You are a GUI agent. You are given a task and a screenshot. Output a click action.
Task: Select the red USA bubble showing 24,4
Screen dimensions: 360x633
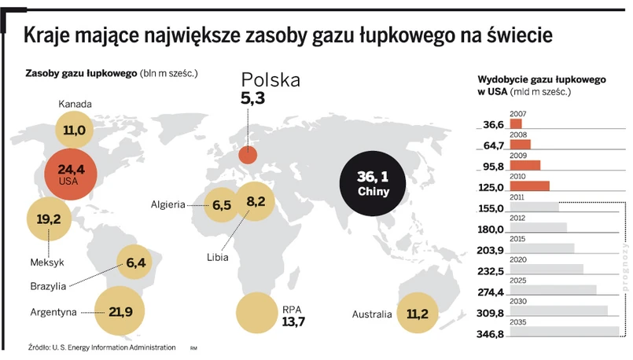[x=70, y=173]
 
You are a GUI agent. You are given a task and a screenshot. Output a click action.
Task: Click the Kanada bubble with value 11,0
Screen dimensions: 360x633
[x=75, y=130]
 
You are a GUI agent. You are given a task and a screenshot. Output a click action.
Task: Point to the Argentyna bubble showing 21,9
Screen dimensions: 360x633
[x=121, y=312]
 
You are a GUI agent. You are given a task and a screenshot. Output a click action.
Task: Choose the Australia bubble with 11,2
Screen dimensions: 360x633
[x=418, y=314]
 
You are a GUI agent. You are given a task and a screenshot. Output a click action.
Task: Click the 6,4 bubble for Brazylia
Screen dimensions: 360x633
[x=137, y=263]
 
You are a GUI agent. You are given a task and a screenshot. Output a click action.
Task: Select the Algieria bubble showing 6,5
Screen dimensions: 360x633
[x=221, y=205]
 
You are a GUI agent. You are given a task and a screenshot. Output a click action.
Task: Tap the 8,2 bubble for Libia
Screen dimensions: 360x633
[x=256, y=202]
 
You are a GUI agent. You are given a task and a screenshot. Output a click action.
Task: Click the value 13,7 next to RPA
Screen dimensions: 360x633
[x=293, y=323]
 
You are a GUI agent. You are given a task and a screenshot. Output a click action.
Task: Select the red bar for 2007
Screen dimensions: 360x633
[x=516, y=124]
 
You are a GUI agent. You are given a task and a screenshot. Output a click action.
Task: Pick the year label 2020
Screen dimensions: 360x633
[x=518, y=259]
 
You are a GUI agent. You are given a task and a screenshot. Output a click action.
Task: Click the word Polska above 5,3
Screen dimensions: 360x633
[x=270, y=80]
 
